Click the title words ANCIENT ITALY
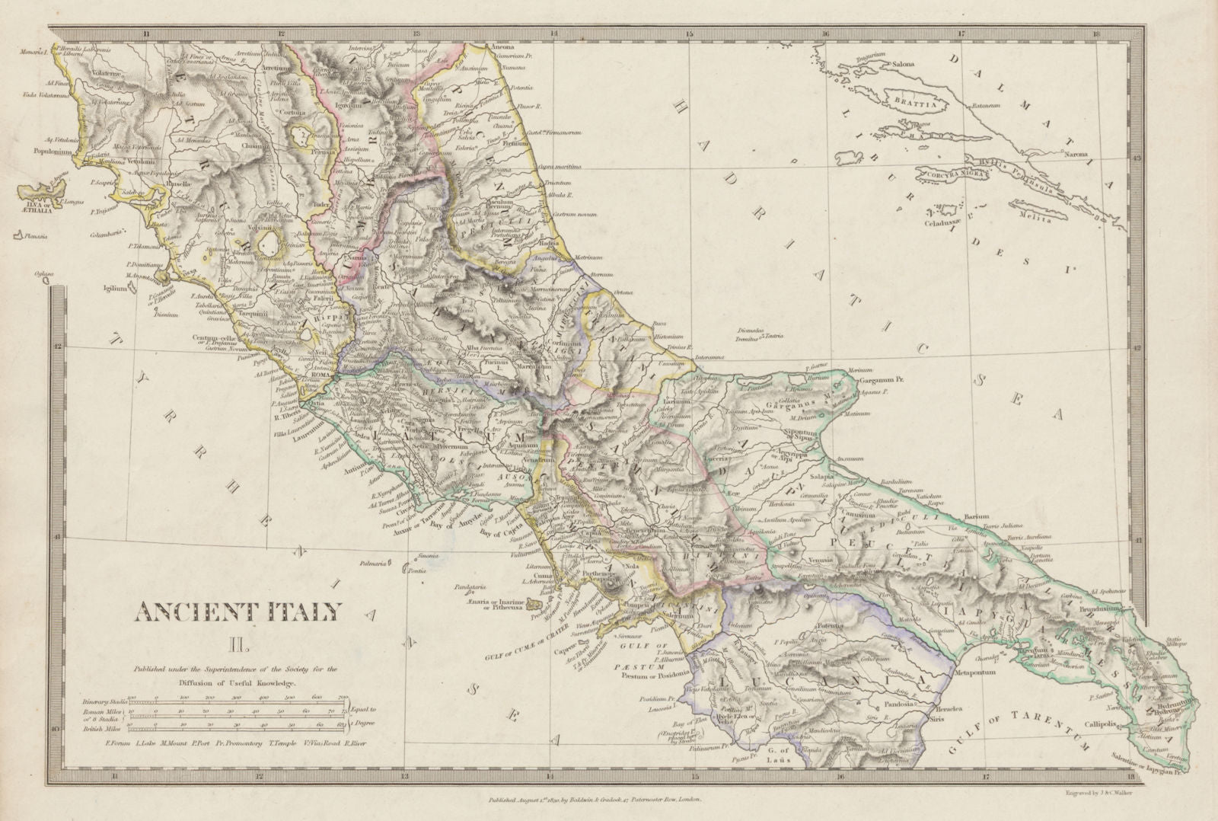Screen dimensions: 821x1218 tap(239, 611)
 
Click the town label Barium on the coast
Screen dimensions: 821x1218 tap(976, 517)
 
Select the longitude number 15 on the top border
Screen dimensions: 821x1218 tap(690, 34)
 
